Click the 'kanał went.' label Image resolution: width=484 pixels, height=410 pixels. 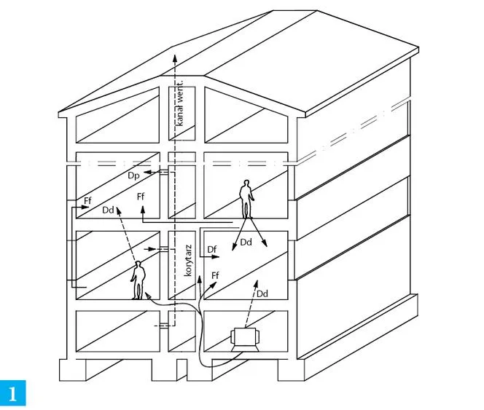coord(179,103)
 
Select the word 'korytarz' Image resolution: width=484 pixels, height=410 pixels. coord(188,261)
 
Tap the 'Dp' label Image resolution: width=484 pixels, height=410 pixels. coord(133,176)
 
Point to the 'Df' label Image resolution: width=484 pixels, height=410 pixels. coord(211,249)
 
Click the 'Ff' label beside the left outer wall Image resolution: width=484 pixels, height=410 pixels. coord(87,200)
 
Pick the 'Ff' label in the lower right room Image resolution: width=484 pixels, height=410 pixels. coord(215,275)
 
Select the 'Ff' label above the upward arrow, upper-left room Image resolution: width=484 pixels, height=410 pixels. coord(141,196)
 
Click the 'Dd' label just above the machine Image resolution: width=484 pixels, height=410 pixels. coord(262,293)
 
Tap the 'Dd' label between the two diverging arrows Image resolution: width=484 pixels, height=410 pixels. coord(246,243)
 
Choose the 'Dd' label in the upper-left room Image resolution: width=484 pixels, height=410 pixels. coord(108,210)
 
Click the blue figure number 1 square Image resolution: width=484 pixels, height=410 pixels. coord(13,393)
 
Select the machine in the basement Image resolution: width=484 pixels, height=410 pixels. coord(246,340)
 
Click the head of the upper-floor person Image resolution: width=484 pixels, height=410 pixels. coord(246,184)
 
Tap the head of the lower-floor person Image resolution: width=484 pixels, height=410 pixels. coord(138,264)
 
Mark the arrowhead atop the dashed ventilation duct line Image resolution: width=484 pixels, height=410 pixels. coord(175,58)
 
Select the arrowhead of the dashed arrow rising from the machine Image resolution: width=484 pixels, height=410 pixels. coord(256,283)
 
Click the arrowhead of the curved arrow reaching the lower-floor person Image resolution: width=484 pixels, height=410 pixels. coord(147,296)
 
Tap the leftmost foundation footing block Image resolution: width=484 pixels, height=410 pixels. coord(73,370)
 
